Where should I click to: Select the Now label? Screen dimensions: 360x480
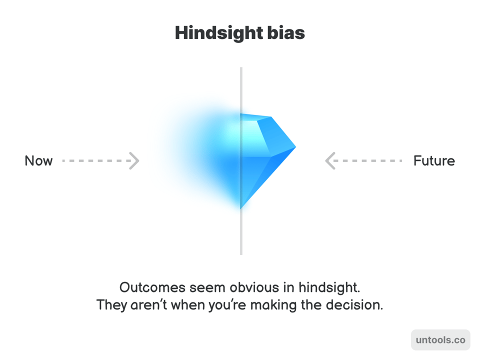coord(38,161)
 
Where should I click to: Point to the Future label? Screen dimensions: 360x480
coord(434,161)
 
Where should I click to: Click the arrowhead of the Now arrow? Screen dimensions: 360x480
coord(134,161)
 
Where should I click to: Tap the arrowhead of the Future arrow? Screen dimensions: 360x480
coord(330,161)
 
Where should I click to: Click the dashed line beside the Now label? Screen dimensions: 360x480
coord(95,161)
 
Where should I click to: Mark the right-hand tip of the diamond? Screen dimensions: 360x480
coord(295,147)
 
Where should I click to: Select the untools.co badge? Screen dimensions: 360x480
coord(440,340)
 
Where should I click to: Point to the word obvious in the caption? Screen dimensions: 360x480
coord(255,287)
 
